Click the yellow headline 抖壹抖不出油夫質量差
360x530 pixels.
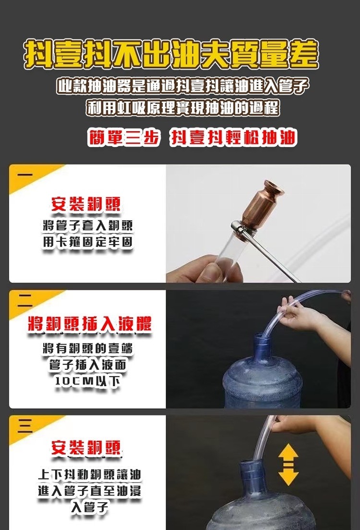coord(171,54)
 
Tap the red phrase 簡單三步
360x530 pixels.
coord(123,137)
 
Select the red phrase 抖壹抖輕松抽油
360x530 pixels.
coord(233,137)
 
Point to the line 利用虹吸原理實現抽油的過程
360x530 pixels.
coord(183,107)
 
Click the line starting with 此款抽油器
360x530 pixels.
coord(183,86)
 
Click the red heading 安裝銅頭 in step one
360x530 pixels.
coord(86,204)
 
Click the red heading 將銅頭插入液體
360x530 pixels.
coord(90,324)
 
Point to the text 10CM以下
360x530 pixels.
coord(87,381)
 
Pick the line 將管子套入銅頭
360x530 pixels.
coord(87,225)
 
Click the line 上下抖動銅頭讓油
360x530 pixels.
coord(89,474)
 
